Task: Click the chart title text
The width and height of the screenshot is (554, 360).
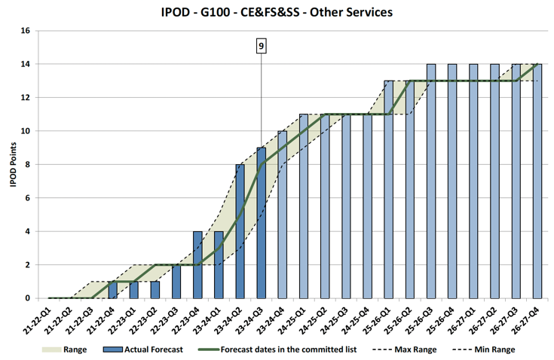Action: (x=277, y=13)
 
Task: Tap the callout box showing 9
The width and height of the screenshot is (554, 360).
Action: (x=261, y=47)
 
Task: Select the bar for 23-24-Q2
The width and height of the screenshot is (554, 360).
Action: (x=240, y=231)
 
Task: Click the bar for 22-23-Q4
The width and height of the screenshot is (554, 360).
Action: (x=197, y=264)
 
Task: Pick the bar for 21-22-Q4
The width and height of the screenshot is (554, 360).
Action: (x=112, y=290)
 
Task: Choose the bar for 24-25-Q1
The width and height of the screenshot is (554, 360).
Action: (x=303, y=206)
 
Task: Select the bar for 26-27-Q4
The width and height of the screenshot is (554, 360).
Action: (x=537, y=182)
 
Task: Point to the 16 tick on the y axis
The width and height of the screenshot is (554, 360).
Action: (x=25, y=32)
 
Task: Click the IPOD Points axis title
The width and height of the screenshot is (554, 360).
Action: (x=13, y=165)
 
